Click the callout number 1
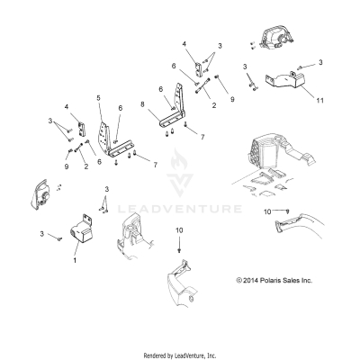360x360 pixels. coord(76,259)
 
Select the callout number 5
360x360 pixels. coord(98,97)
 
